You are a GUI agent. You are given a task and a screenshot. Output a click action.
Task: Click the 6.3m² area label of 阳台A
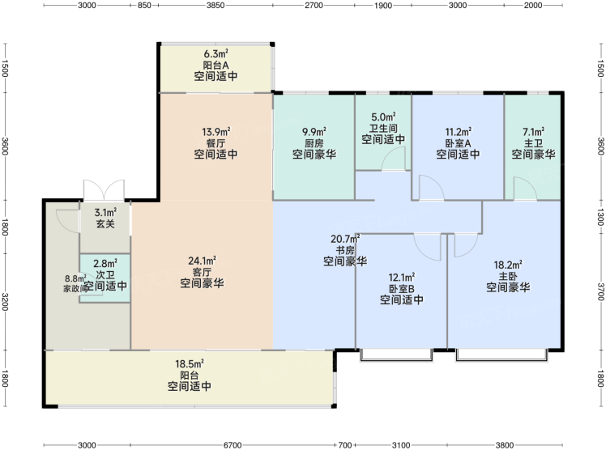pyautogui.click(x=216, y=53)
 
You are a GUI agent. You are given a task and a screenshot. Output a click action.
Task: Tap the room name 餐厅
pyautogui.click(x=216, y=143)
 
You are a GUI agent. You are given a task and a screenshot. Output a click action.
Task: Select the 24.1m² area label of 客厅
pyautogui.click(x=202, y=261)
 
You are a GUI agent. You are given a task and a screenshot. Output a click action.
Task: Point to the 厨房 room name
pyautogui.click(x=314, y=143)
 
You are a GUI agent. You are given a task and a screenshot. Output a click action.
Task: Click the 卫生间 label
pyautogui.click(x=383, y=128)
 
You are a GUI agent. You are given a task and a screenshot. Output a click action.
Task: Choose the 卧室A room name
pyautogui.click(x=458, y=143)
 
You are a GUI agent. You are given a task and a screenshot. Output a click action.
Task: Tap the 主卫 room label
pyautogui.click(x=533, y=143)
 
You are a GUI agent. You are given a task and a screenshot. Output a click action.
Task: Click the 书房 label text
pyautogui.click(x=345, y=250)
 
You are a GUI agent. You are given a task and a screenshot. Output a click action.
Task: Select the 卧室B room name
pyautogui.click(x=402, y=288)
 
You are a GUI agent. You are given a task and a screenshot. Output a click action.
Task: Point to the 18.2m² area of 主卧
pyautogui.click(x=508, y=265)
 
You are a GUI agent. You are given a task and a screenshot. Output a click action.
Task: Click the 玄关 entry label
pyautogui.click(x=105, y=223)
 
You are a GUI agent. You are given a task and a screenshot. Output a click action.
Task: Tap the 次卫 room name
pyautogui.click(x=105, y=275)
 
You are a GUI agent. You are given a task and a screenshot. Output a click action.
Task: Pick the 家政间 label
pyautogui.click(x=75, y=288)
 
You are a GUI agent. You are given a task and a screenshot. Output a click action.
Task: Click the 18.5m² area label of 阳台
pyautogui.click(x=190, y=363)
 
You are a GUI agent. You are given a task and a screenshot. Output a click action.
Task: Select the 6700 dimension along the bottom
pyautogui.click(x=233, y=445)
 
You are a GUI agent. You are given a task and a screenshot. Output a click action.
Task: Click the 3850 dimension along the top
pyautogui.click(x=216, y=6)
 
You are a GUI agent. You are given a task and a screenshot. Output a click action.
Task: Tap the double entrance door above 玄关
pyautogui.click(x=104, y=190)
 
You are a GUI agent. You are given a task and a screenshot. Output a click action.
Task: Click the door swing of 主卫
pyautogui.click(x=525, y=189)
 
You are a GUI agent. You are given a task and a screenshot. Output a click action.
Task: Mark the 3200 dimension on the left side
pyautogui.click(x=5, y=302)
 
